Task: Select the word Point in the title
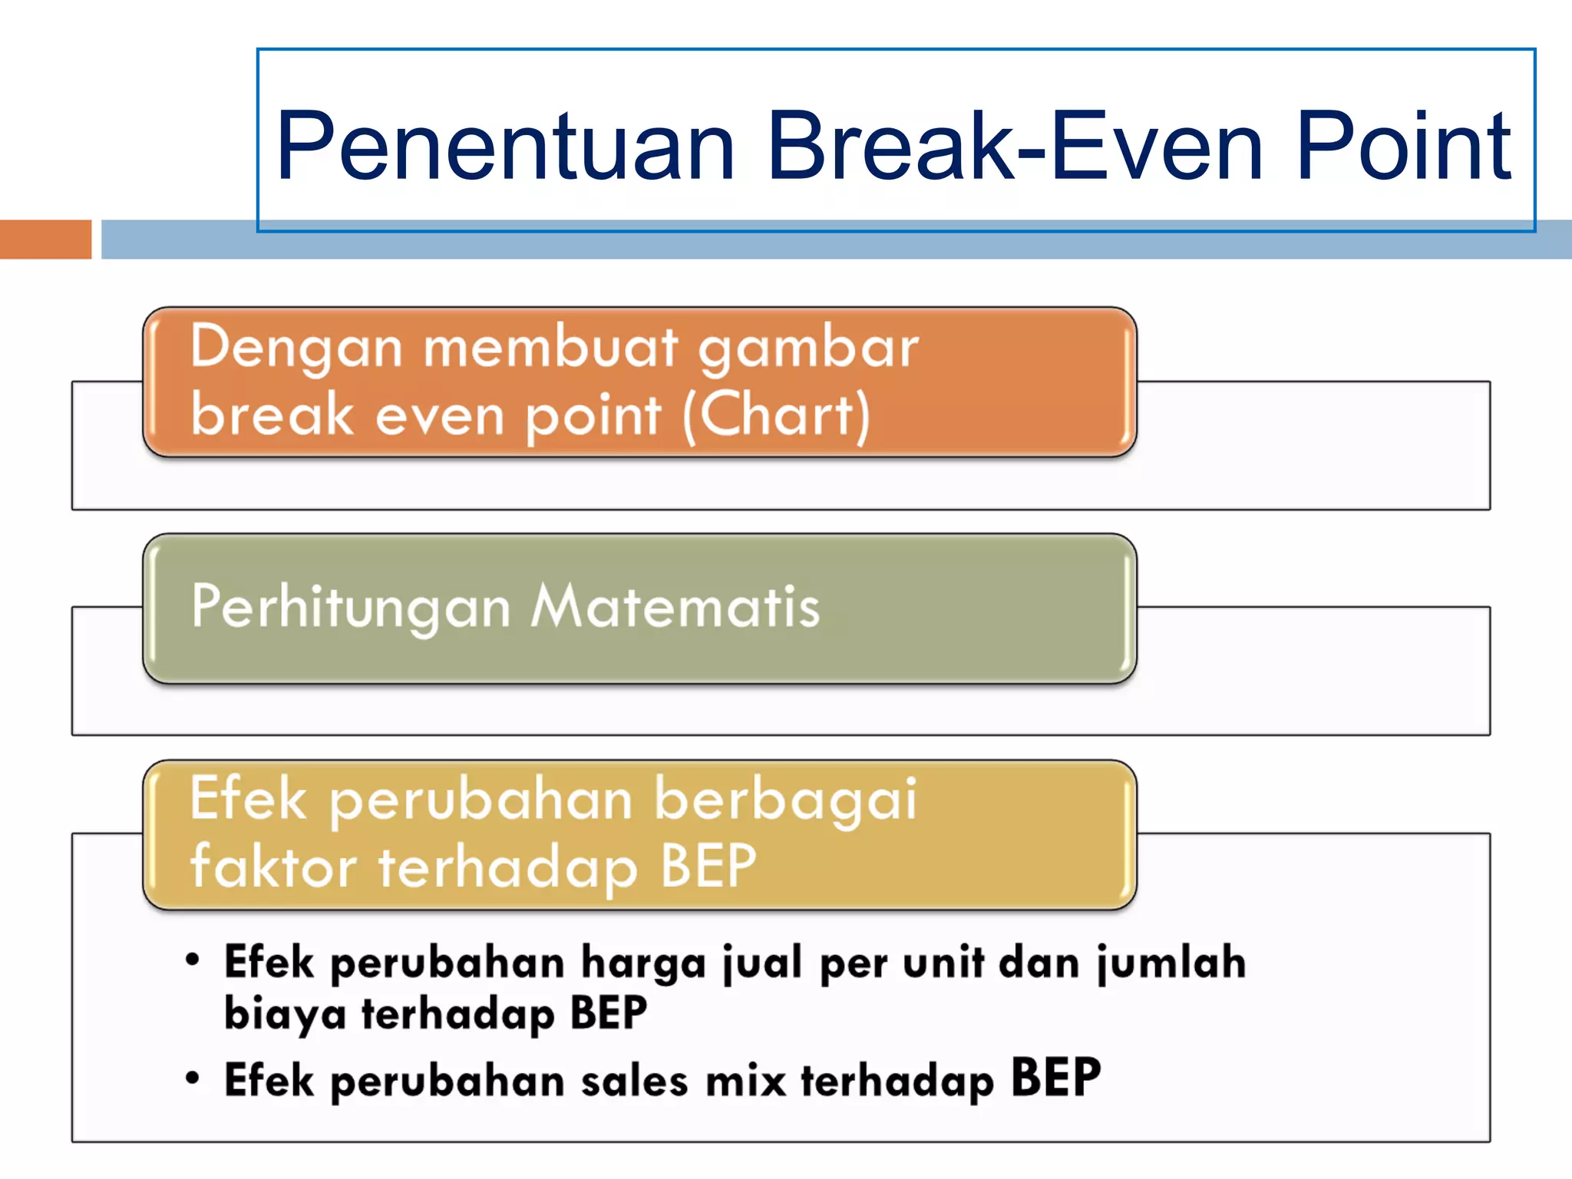pyautogui.click(x=1403, y=146)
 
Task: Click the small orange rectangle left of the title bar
pyautogui.click(x=45, y=239)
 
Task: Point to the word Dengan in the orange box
pyautogui.click(x=296, y=347)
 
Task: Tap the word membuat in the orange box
pyautogui.click(x=550, y=347)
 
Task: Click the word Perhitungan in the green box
pyautogui.click(x=351, y=606)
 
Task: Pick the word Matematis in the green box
pyautogui.click(x=675, y=606)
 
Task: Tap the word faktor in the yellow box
pyautogui.click(x=273, y=866)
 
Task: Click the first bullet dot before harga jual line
pyautogui.click(x=193, y=959)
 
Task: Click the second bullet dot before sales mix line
pyautogui.click(x=193, y=1078)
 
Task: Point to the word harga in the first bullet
pyautogui.click(x=642, y=963)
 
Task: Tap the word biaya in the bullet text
pyautogui.click(x=285, y=1014)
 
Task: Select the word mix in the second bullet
pyautogui.click(x=745, y=1082)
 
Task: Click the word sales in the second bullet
pyautogui.click(x=634, y=1082)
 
